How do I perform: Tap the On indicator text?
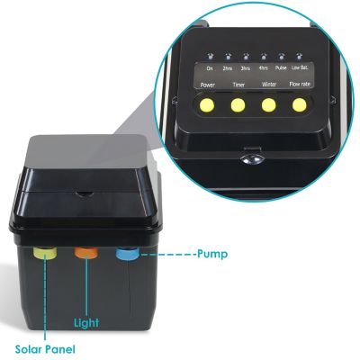[210, 67]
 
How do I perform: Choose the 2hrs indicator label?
[229, 67]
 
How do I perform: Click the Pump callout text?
[211, 255]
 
